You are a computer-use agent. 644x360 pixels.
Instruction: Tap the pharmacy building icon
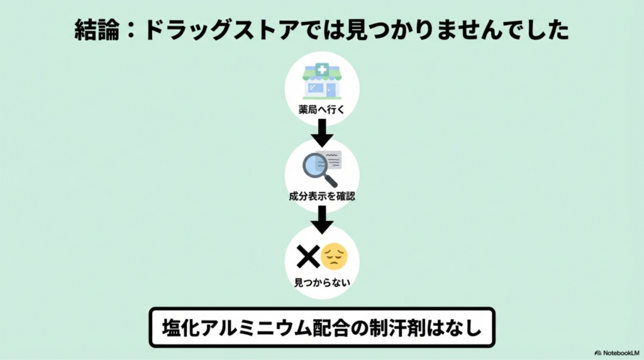(x=321, y=81)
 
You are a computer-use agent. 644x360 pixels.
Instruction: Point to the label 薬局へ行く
(x=321, y=108)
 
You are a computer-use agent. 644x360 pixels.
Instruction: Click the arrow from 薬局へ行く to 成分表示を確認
(x=321, y=132)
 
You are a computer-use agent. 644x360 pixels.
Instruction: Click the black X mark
(x=308, y=256)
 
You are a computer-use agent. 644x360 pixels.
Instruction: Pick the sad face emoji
(x=334, y=256)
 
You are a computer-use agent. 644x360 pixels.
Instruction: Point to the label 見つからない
(x=321, y=283)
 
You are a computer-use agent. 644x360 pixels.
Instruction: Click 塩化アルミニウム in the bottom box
(x=235, y=327)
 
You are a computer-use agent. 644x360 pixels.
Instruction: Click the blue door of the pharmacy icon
(x=331, y=89)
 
